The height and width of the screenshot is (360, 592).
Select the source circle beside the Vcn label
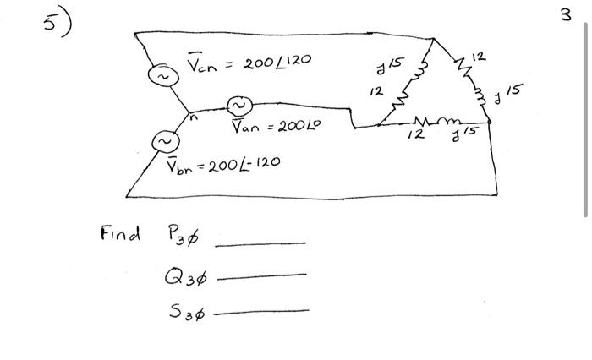coord(161,77)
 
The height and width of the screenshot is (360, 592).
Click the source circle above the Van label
coord(238,106)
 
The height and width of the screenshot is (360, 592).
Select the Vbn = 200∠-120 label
coord(222,160)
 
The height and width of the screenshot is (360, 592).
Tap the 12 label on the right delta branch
coord(479,57)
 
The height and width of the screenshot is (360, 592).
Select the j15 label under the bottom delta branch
coord(470,134)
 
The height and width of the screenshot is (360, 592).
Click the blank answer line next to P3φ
coord(260,243)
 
